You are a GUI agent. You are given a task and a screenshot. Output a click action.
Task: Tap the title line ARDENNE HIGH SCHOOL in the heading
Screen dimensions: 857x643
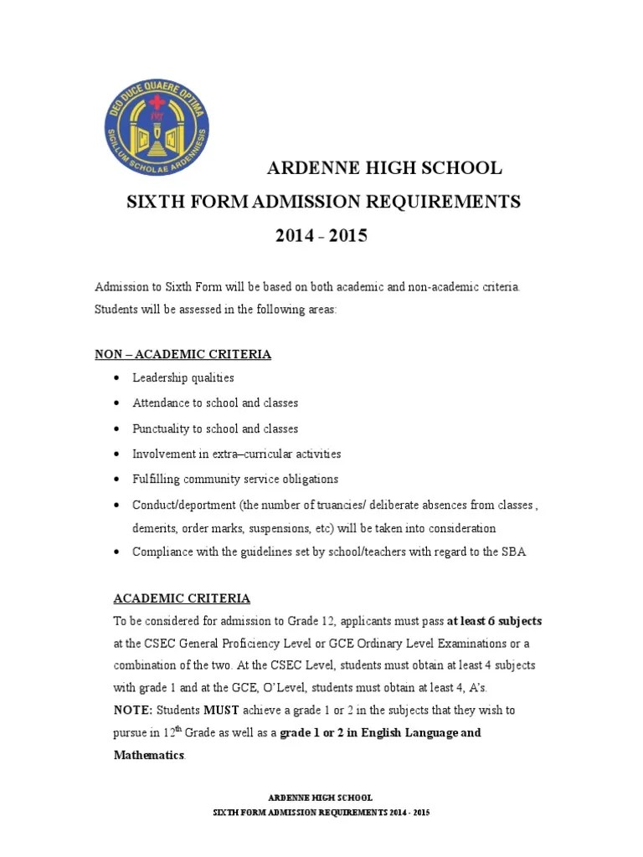point(384,168)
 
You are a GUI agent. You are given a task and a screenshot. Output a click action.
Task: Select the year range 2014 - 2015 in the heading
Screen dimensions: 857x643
point(321,236)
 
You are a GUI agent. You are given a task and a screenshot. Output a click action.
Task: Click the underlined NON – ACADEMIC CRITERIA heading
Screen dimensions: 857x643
point(183,354)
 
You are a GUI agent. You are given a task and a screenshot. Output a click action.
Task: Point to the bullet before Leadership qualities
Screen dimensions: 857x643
point(115,378)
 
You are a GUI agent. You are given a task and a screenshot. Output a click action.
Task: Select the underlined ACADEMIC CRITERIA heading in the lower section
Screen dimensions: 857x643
point(182,598)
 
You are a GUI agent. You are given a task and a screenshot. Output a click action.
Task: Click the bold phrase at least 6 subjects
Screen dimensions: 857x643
point(495,621)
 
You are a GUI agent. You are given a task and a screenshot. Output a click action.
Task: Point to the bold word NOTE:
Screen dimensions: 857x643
point(133,710)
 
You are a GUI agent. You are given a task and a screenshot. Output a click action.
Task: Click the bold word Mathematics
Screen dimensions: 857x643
point(149,755)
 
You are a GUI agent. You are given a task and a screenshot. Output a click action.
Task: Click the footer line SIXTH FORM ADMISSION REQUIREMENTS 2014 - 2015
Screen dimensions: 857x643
point(321,813)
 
